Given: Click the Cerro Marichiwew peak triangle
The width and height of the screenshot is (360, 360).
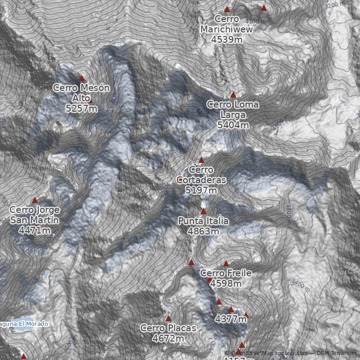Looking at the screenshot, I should tap(227, 9).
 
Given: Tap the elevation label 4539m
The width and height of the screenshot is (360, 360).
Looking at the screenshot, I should tap(227, 39).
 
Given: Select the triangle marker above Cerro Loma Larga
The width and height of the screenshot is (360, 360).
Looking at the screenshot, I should tap(233, 95).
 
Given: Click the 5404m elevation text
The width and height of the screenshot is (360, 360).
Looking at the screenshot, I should tap(233, 125).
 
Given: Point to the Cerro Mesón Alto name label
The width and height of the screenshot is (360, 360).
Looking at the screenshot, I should tap(81, 93).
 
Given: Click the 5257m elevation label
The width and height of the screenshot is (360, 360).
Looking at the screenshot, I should tap(81, 108).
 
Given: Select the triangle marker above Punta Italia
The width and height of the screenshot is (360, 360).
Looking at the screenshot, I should tap(203, 211).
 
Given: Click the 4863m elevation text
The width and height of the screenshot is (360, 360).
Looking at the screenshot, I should tap(203, 231).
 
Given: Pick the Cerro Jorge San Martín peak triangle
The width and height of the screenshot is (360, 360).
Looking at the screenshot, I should tap(35, 200).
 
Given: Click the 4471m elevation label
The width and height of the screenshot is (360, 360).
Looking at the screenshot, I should tap(35, 230).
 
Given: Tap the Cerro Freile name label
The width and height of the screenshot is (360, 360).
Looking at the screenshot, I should tap(225, 273).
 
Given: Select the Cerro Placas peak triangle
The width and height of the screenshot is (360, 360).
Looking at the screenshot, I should tap(169, 319).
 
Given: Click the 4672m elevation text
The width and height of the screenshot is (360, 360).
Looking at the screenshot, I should tap(168, 338).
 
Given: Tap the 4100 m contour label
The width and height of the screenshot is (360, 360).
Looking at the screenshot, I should tap(255, 21).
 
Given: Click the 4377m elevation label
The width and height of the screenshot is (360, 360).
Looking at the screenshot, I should tap(230, 319).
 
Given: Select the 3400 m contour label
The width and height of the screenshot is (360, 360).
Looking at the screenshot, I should tap(301, 285).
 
